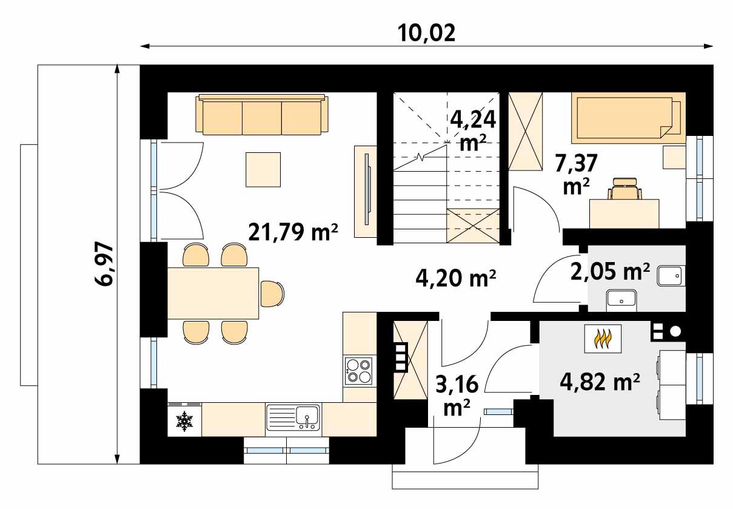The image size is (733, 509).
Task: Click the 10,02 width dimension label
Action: tap(426, 33)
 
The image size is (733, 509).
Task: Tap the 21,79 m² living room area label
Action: tap(293, 231)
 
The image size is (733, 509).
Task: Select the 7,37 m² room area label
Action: tap(577, 174)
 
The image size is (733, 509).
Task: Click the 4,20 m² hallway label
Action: tap(456, 278)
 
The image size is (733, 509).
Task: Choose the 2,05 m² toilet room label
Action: tap(610, 272)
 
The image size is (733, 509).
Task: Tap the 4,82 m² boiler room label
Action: tap(599, 382)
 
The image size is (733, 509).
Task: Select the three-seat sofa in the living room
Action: tap(262, 115)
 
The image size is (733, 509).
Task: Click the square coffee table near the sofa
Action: tap(263, 169)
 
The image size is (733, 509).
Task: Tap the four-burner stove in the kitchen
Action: tap(358, 371)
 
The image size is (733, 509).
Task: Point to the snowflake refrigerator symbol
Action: tap(184, 420)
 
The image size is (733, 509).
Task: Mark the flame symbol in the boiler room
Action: tap(601, 339)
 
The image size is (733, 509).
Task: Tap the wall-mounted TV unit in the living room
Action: tap(365, 191)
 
